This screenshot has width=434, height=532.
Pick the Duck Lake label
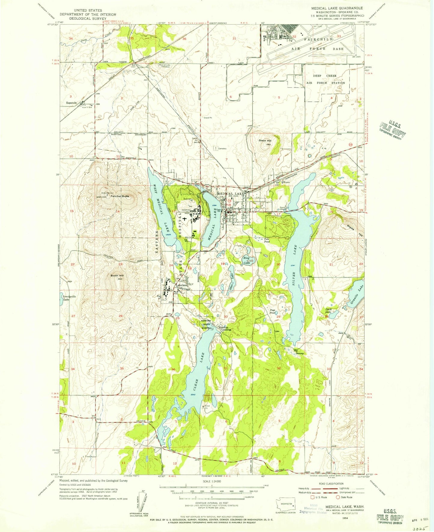tap(329, 310)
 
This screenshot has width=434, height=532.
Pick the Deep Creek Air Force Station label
tap(325, 79)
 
